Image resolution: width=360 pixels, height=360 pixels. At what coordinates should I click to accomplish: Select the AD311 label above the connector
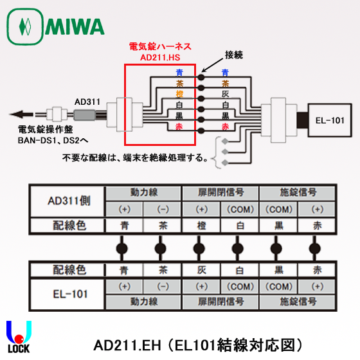coord(87,101)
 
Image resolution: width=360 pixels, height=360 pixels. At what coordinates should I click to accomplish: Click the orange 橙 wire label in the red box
coord(179,94)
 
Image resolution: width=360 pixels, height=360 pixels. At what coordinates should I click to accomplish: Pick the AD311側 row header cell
coord(69,201)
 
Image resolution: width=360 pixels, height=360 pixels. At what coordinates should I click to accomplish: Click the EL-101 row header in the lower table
coord(69,292)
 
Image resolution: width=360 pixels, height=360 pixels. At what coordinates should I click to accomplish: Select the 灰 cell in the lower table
coord(201,270)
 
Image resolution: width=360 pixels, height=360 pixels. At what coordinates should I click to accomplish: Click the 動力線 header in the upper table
coord(143,192)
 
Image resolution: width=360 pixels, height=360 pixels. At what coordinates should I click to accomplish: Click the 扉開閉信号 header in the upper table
coord(219,192)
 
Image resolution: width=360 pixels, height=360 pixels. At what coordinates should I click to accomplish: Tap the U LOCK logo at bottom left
coord(19,337)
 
